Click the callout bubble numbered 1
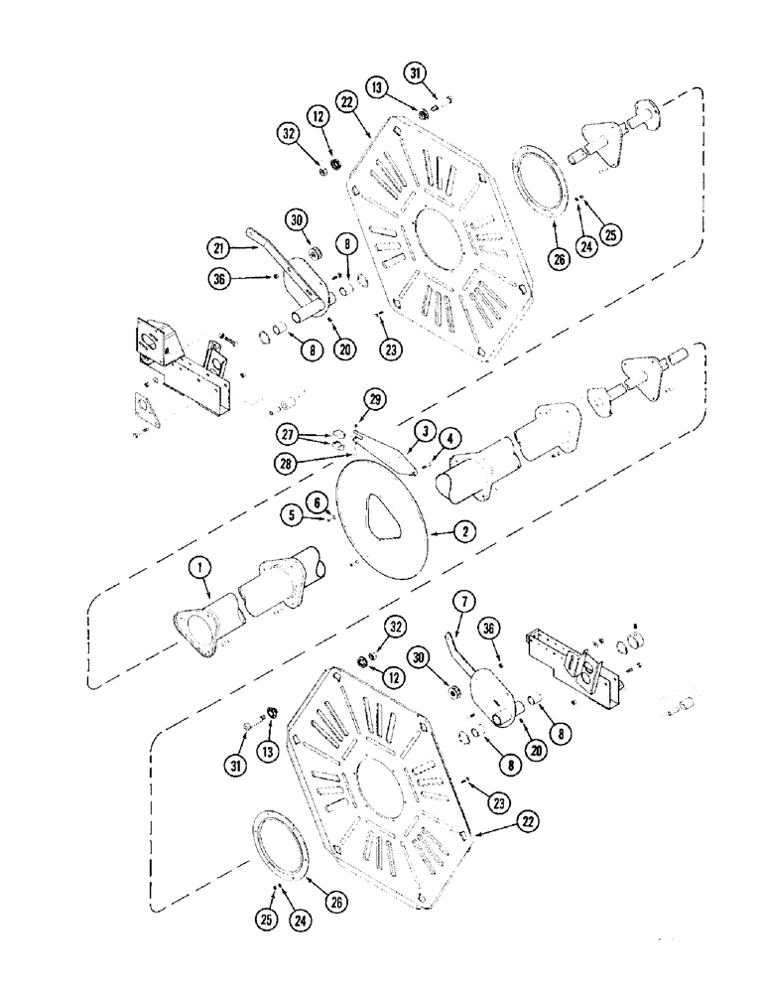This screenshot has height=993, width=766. pos(200,568)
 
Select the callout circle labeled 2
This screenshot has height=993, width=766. pos(463,530)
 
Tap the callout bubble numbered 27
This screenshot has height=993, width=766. pos(289,433)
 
